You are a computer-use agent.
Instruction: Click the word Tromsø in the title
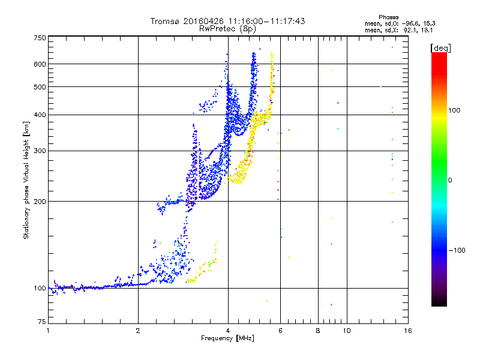(x=166, y=21)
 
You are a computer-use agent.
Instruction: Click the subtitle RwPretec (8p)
(x=227, y=29)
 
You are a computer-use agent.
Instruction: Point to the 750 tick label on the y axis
(x=40, y=38)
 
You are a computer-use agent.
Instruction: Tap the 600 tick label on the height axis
(x=40, y=64)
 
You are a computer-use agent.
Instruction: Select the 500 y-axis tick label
(x=40, y=87)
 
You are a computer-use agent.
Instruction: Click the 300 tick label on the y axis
(x=40, y=151)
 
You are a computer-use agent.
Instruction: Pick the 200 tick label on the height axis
(x=40, y=202)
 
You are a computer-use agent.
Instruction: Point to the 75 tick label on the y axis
(x=42, y=322)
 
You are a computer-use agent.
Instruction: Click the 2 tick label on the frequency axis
(x=138, y=331)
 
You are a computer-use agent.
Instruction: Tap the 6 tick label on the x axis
(x=280, y=331)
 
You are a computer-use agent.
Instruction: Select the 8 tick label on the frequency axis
(x=318, y=331)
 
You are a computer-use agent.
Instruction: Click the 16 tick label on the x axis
(x=408, y=331)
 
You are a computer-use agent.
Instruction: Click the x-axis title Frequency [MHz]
(x=227, y=338)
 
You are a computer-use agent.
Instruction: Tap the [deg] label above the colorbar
(x=440, y=48)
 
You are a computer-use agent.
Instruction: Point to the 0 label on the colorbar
(x=450, y=181)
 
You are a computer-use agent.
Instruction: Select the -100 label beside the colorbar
(x=457, y=250)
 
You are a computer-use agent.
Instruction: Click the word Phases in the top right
(x=388, y=17)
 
